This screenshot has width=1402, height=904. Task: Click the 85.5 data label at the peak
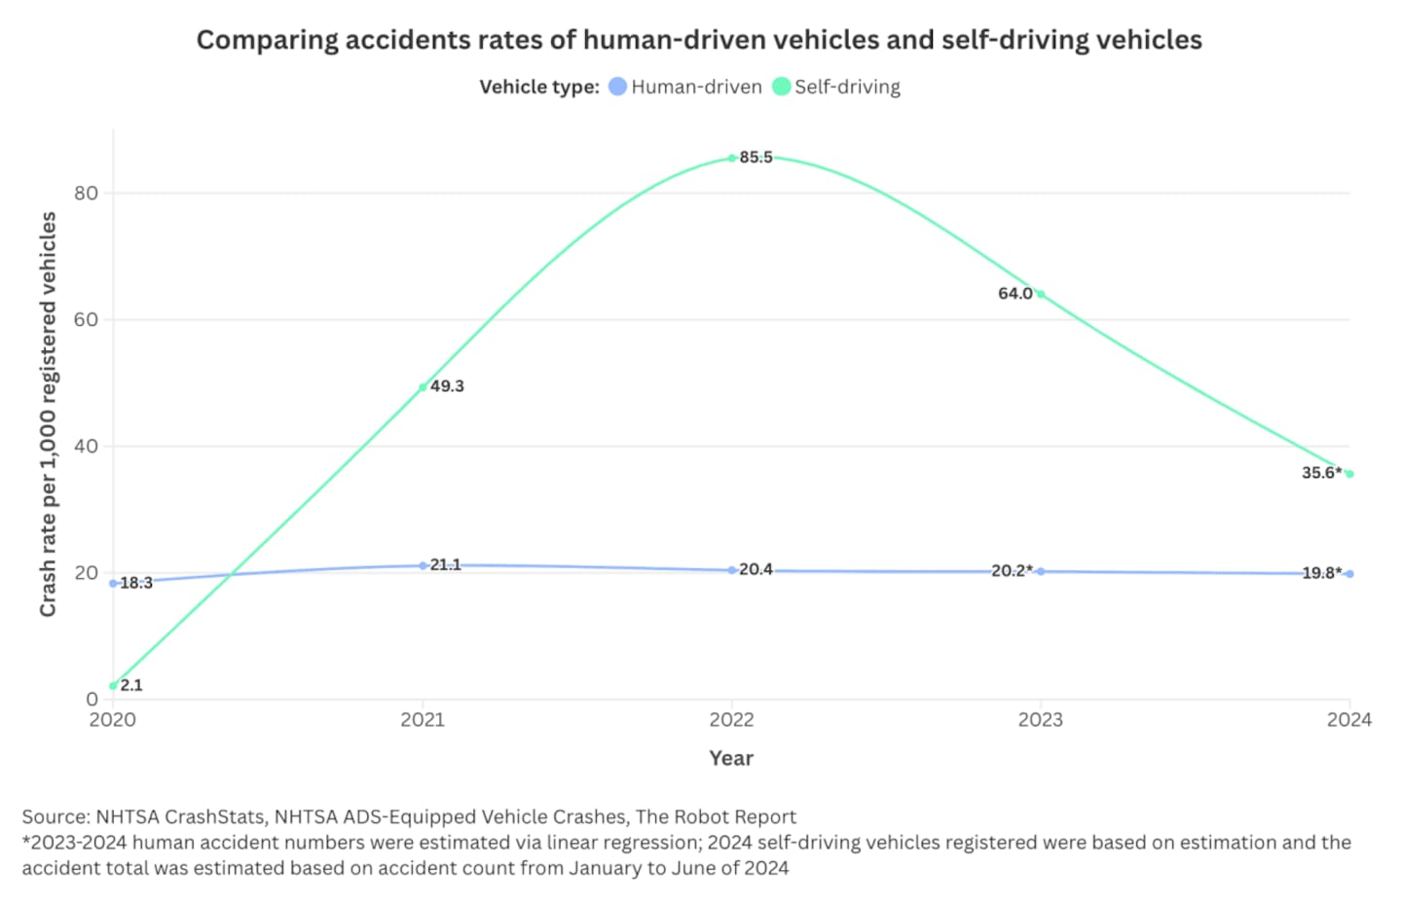point(756,158)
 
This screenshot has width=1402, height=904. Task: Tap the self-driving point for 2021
point(423,387)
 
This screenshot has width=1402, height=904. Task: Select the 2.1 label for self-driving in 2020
point(131,685)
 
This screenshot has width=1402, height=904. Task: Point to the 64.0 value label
point(1015,293)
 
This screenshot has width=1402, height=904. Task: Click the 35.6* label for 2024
point(1321,473)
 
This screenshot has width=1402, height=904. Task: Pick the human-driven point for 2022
point(732,570)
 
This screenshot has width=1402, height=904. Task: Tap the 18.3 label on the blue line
point(136,583)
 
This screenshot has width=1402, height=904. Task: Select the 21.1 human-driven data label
point(446,564)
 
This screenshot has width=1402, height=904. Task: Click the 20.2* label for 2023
point(1012,570)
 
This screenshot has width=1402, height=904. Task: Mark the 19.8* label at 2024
point(1321,573)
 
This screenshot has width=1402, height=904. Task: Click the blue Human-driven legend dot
point(617,87)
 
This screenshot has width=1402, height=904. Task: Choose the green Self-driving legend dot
point(781,87)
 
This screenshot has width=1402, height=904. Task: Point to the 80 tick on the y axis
point(87,193)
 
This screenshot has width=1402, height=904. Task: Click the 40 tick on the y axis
point(87,446)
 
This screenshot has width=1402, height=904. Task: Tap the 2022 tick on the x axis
point(732,720)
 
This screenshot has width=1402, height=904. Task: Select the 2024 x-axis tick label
point(1348,720)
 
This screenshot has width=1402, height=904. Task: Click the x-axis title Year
point(731,758)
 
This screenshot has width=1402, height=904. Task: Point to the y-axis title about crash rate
point(48,414)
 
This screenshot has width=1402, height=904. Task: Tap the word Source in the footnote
point(55,816)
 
